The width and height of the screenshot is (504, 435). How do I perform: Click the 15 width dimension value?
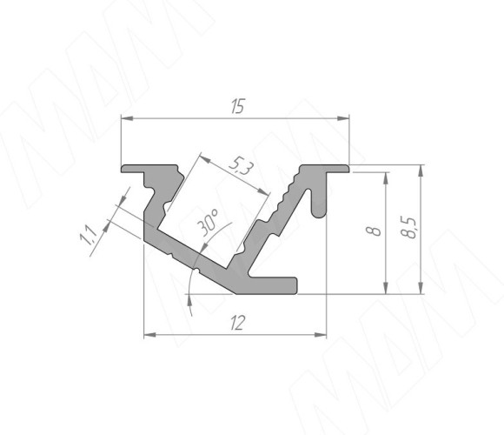238,106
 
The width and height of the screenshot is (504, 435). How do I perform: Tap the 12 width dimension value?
238,323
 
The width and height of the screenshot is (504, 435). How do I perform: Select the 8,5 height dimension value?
409,228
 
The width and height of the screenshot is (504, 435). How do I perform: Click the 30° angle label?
208,223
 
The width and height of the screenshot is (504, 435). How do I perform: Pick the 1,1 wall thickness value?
88,235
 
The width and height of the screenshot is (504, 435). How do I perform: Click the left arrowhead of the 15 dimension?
127,118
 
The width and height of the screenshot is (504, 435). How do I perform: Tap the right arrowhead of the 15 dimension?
343,118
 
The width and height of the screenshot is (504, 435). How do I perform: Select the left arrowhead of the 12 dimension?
149,335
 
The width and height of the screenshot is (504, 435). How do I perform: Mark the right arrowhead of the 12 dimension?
320,335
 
